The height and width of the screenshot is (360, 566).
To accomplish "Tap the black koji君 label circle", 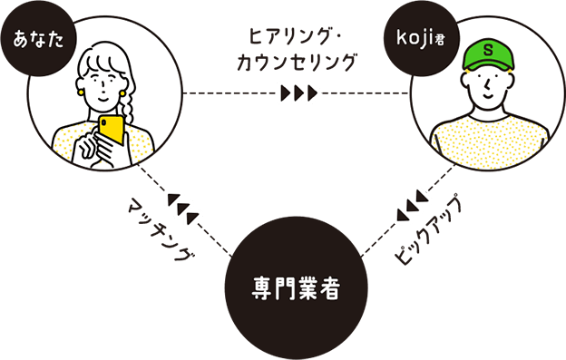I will pyautogui.click(x=419, y=39).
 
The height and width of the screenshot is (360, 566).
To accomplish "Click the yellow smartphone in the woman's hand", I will pyautogui.click(x=112, y=129).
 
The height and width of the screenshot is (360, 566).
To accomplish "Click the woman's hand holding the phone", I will pyautogui.click(x=92, y=145).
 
